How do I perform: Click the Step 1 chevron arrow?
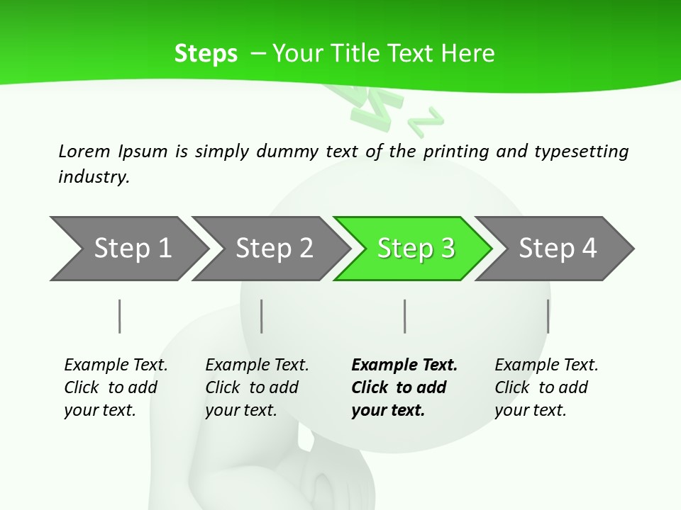coord(128,249)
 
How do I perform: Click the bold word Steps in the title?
coord(206,53)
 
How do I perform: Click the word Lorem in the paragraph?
coord(84,151)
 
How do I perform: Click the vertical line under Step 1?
coord(120,316)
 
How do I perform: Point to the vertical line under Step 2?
coord(262,316)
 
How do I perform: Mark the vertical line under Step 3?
coord(405,316)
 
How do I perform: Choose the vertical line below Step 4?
coord(548,316)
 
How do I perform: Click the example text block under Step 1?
coord(116,387)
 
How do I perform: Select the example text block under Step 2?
coord(257,387)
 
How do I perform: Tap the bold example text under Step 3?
coord(404,387)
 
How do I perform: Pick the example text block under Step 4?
coord(546,387)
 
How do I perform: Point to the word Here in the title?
coord(467,53)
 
